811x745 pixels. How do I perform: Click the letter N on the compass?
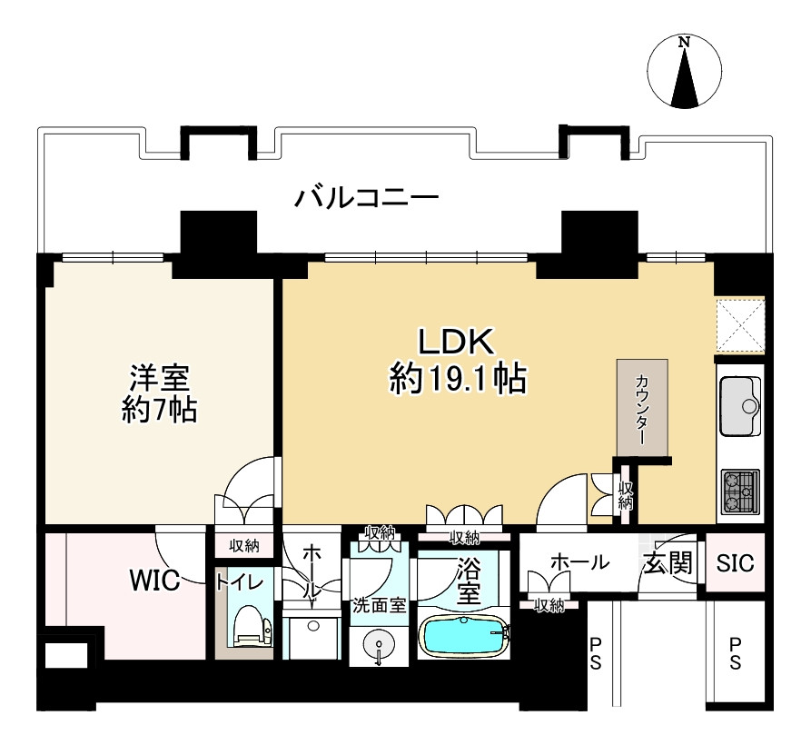pos(684,42)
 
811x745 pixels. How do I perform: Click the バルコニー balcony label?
pos(367,198)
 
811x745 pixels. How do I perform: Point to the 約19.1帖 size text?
pos(459,379)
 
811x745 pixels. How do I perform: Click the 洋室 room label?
pos(159,378)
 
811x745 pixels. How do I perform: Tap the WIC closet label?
pos(154,580)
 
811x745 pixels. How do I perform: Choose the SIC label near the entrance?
pos(735,563)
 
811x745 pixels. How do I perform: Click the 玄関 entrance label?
pos(668,562)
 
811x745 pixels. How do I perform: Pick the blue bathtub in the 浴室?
pos(463,636)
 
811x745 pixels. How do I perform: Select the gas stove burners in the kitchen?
pos(741,491)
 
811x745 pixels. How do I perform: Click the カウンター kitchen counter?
pos(642,409)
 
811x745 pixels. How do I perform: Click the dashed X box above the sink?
pos(740,325)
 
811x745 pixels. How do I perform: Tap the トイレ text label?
pos(241,583)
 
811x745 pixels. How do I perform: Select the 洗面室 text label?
pos(380,605)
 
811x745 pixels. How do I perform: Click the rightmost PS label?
pos(735,653)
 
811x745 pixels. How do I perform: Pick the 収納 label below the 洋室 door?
pos(244,546)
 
